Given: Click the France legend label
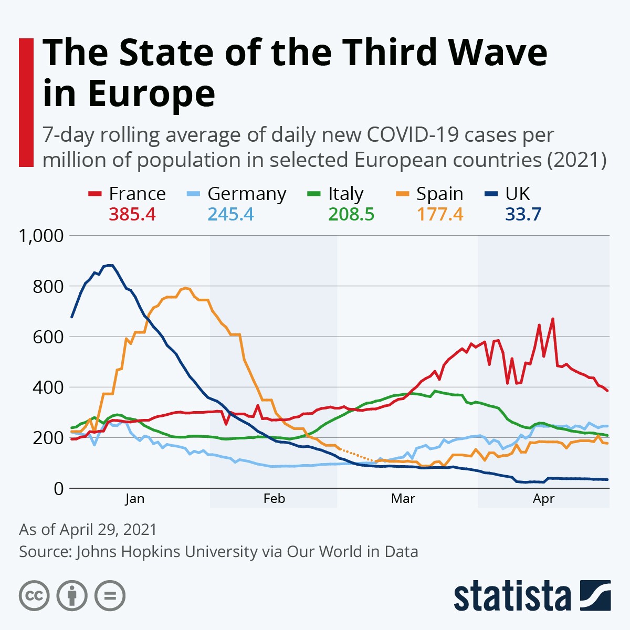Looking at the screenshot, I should [137, 194].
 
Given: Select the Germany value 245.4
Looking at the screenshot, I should [230, 214].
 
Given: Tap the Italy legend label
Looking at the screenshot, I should [345, 194].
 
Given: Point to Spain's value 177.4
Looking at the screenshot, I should [440, 214].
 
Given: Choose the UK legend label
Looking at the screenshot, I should [517, 194].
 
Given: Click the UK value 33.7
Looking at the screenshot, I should [523, 214].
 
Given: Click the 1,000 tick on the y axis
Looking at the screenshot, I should [41, 236].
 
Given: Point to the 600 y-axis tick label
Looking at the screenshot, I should [48, 337].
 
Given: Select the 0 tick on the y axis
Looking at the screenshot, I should [58, 488].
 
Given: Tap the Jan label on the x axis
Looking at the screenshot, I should [134, 499].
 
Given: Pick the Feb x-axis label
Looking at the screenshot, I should [274, 499].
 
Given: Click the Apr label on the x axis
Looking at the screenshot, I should [543, 499].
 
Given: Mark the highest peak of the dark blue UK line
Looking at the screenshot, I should [109, 265].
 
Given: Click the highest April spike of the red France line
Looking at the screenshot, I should [552, 319].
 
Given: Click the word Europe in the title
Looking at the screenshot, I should [151, 94].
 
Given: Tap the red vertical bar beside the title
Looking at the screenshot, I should [26, 102].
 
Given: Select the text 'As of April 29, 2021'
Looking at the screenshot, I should [88, 529].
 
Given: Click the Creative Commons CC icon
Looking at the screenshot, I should [34, 596].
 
